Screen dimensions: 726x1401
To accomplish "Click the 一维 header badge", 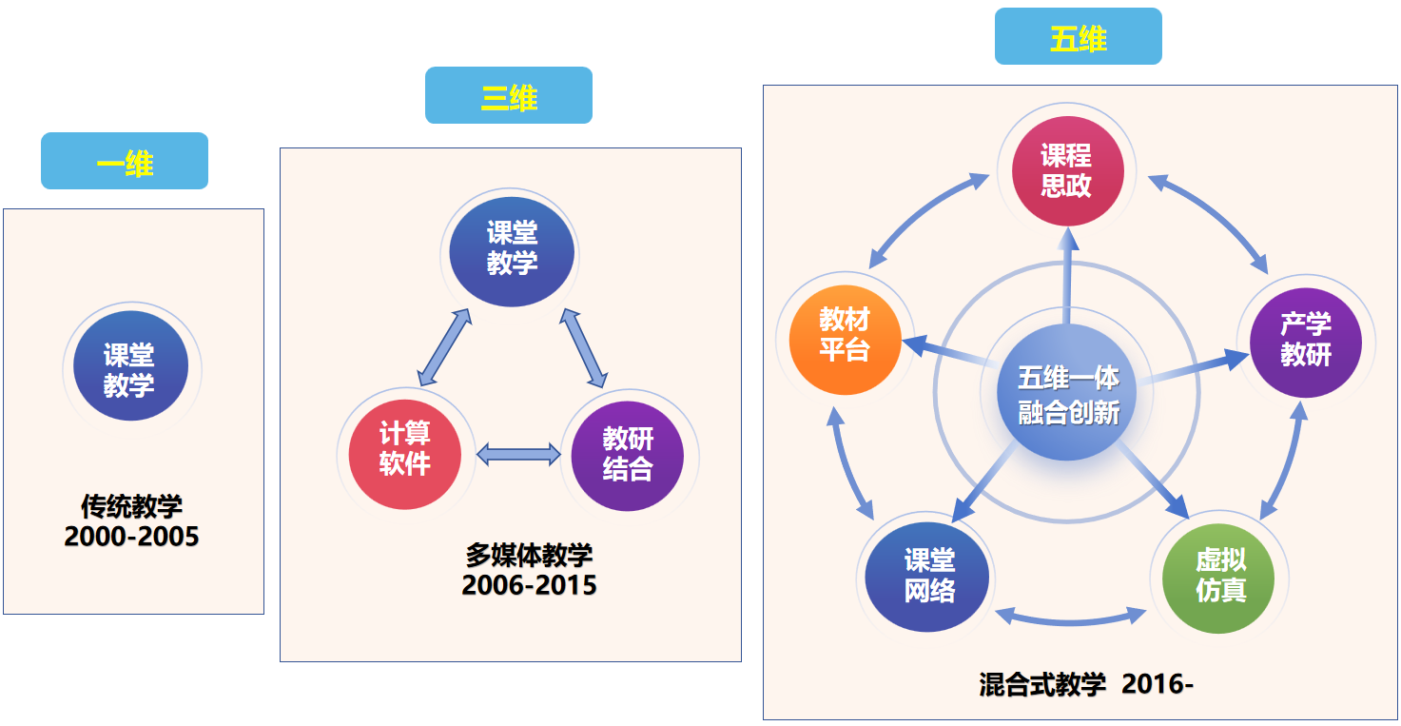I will tap(125, 161).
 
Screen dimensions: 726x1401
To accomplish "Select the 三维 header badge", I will tap(509, 96).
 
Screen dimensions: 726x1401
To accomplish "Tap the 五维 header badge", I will tap(1078, 37).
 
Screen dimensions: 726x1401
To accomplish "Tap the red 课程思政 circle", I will tap(1066, 171).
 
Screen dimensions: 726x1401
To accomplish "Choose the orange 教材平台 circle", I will tap(845, 335).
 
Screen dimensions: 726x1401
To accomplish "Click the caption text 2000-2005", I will tap(131, 537).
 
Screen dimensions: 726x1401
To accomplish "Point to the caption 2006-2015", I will tap(529, 584).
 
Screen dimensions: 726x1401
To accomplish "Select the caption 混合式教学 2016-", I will tap(1085, 684).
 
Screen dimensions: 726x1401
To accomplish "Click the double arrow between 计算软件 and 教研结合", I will tap(517, 454).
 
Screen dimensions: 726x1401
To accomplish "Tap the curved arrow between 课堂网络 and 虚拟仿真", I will tap(1071, 620).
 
